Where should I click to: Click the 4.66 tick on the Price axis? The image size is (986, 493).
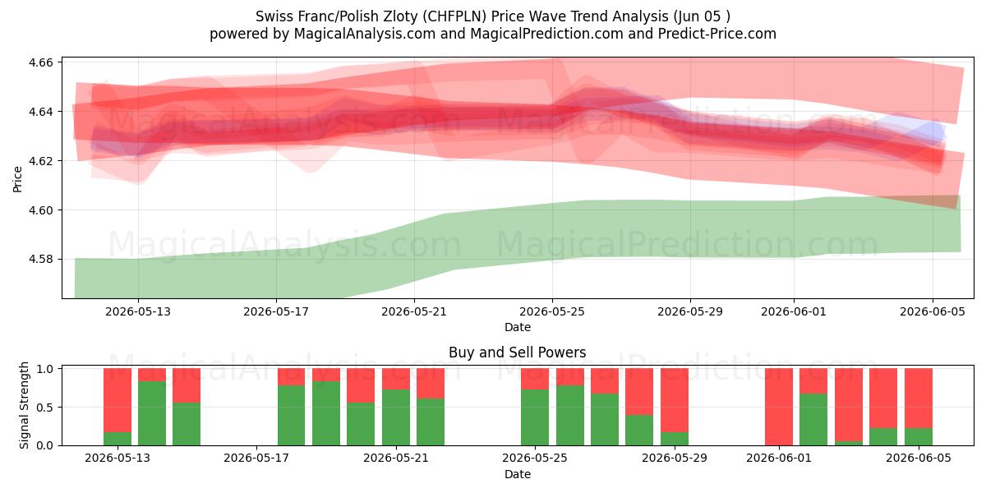(x=40, y=62)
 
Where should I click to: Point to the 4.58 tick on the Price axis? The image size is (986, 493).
(x=40, y=260)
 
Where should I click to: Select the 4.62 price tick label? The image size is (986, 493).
(x=40, y=161)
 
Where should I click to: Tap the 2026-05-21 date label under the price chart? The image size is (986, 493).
(x=414, y=311)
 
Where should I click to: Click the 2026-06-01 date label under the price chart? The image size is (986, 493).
(x=794, y=311)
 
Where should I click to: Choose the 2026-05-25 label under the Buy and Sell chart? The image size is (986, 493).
(x=535, y=458)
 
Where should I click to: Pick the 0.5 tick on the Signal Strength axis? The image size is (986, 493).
(x=44, y=408)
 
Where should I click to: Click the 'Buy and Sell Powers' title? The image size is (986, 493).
(x=517, y=352)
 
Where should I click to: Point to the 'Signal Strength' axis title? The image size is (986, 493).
(x=24, y=405)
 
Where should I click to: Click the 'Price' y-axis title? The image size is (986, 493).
(x=17, y=179)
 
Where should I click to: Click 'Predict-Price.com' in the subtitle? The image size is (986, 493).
(x=717, y=34)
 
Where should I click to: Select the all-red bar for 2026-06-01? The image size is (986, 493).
(x=779, y=407)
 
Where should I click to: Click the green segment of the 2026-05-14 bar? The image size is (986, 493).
(x=152, y=413)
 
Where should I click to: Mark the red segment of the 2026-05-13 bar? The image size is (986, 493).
(x=117, y=400)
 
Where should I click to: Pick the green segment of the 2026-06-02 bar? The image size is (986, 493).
(x=813, y=420)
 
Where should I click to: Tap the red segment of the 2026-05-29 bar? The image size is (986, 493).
(x=675, y=400)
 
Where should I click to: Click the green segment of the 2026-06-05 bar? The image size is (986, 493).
(x=919, y=436)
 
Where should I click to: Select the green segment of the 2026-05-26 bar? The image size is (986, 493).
(x=570, y=416)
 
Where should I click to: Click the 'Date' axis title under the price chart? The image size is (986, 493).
(x=517, y=328)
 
